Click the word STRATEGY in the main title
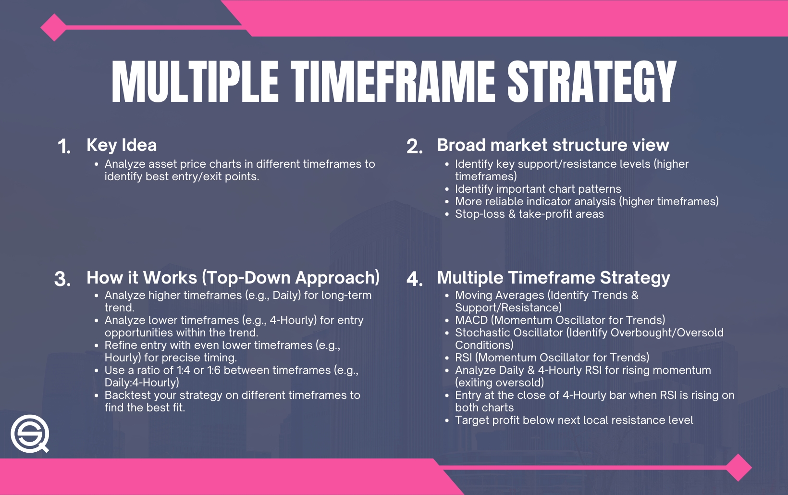pyautogui.click(x=591, y=82)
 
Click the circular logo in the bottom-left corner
pyautogui.click(x=30, y=433)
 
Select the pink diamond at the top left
pyautogui.click(x=54, y=27)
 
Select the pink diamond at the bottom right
pyautogui.click(x=739, y=467)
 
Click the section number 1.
pyautogui.click(x=64, y=147)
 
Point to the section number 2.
pyautogui.click(x=414, y=147)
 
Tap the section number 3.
pyautogui.click(x=62, y=279)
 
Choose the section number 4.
pyautogui.click(x=414, y=279)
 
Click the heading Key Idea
pyautogui.click(x=122, y=145)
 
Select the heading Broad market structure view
pyautogui.click(x=553, y=145)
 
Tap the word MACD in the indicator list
pyautogui.click(x=471, y=320)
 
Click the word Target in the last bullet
pyautogui.click(x=471, y=420)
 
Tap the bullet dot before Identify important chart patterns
pyautogui.click(x=447, y=189)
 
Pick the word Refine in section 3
pyautogui.click(x=120, y=345)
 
